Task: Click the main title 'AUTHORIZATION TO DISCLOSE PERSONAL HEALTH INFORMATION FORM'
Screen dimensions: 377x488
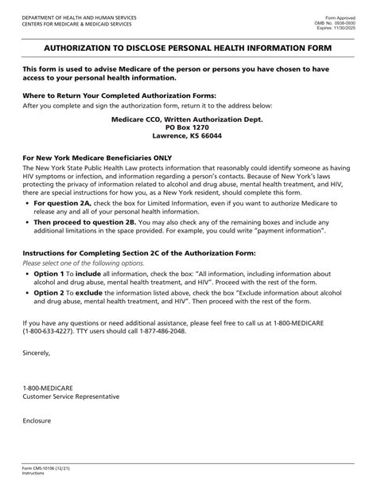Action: tap(188, 49)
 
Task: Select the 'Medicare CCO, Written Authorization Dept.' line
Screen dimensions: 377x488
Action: tap(188, 119)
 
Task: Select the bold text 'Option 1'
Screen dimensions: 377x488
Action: tap(49, 273)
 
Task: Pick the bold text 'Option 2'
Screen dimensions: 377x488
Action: tap(49, 293)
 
